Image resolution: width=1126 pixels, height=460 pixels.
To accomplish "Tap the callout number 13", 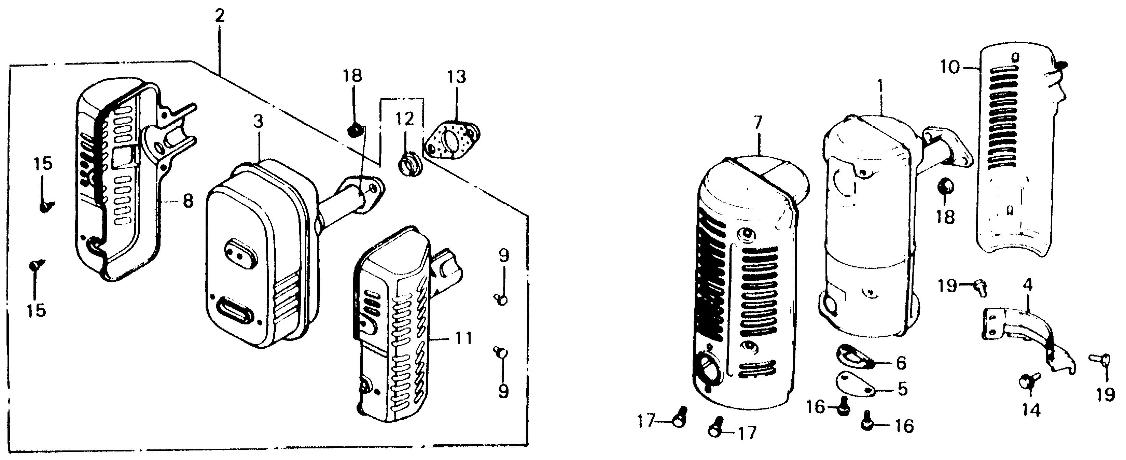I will click(x=456, y=76).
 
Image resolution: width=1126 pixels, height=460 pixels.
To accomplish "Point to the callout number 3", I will click(x=258, y=122).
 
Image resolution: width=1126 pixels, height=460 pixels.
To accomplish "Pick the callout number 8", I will click(x=187, y=202).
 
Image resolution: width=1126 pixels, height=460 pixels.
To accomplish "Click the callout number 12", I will click(x=405, y=119).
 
